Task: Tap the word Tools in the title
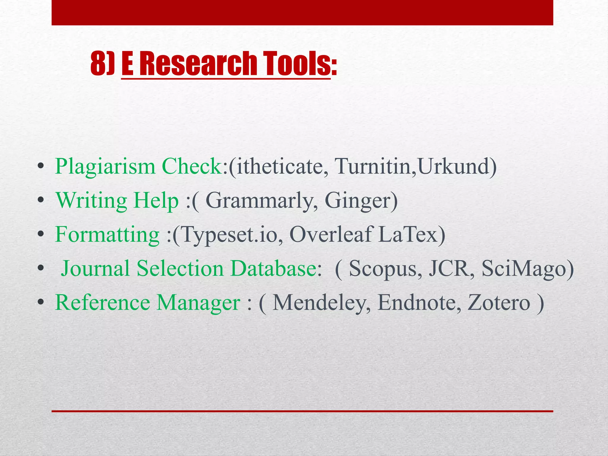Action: pyautogui.click(x=297, y=63)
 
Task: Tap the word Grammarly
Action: pyautogui.click(x=259, y=201)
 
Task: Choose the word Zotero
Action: pyautogui.click(x=498, y=303)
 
